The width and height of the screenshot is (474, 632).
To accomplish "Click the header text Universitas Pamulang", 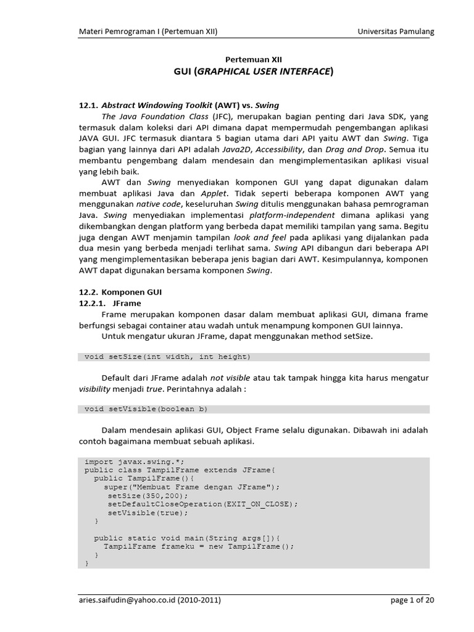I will tap(396, 31).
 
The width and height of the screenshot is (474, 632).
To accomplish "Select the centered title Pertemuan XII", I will tap(254, 60).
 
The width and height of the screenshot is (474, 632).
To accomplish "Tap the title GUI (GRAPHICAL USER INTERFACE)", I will tap(254, 72).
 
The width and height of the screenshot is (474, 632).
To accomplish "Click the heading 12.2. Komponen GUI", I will tap(120, 291).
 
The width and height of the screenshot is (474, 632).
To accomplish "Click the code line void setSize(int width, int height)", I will tap(167, 357).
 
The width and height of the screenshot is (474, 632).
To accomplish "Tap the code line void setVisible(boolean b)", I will tap(146, 409).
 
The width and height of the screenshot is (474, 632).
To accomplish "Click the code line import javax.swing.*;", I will tap(134, 461).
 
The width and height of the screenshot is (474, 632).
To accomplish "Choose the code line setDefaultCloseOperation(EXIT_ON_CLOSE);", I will tap(202, 504).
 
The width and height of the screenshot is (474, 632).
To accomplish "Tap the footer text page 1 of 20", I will tap(414, 599).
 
